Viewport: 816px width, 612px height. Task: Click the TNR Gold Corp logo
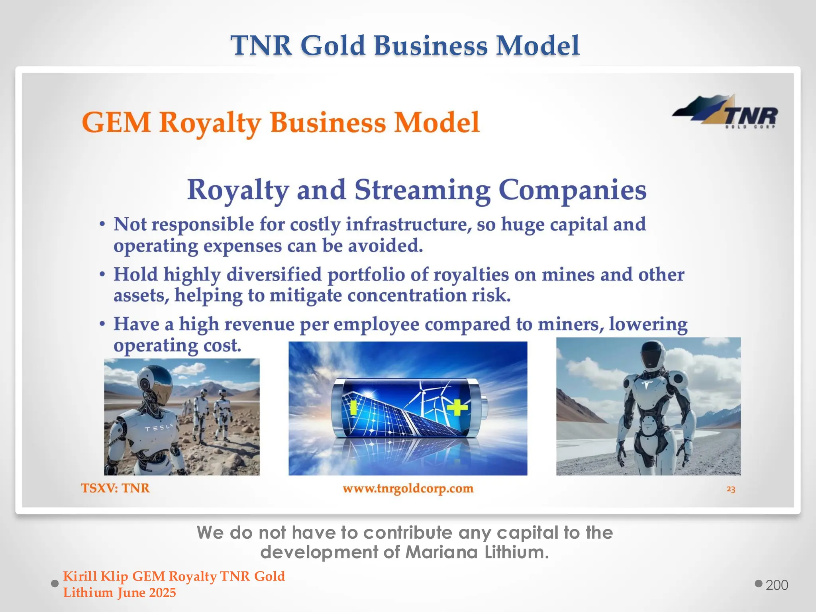(x=725, y=113)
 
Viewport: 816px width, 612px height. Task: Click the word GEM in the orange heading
(x=116, y=122)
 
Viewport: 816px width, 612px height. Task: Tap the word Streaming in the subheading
(x=422, y=190)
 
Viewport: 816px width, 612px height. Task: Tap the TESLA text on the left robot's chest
(x=159, y=428)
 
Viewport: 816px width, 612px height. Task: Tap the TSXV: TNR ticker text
(x=116, y=488)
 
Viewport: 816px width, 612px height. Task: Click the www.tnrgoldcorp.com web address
(x=408, y=488)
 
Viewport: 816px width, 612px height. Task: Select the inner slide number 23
(x=731, y=489)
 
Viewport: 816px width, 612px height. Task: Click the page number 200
(x=777, y=585)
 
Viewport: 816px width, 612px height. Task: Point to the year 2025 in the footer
(x=162, y=593)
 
